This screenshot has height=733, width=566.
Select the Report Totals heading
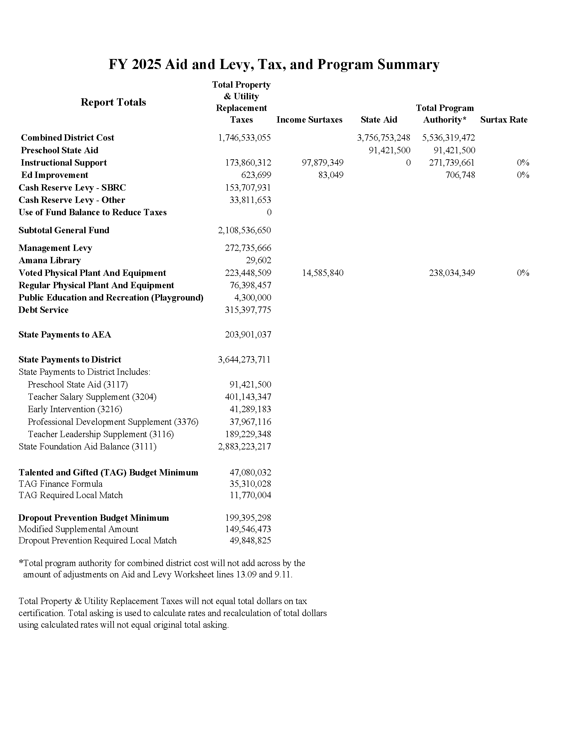[x=113, y=102]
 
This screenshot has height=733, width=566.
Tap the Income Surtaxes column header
[x=309, y=120]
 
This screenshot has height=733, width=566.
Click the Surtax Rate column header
[x=504, y=120]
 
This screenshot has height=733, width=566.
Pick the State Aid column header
[x=379, y=120]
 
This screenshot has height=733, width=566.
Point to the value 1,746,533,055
[x=244, y=138]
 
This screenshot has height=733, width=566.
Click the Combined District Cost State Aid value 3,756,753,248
[x=383, y=138]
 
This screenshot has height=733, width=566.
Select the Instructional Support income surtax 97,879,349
[x=323, y=163]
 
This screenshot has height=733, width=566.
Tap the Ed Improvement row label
[x=55, y=175]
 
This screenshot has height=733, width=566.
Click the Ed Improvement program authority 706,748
[x=460, y=175]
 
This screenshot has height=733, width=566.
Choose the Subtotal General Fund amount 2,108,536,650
[x=244, y=230]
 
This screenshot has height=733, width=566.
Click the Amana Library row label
[x=50, y=261]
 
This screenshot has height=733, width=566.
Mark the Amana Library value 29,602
[x=258, y=261]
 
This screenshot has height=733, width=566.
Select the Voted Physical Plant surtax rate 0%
[x=523, y=273]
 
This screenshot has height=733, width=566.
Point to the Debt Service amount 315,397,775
[x=248, y=310]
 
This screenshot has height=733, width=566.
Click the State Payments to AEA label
[x=65, y=335]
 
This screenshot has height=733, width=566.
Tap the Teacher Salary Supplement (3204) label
[x=92, y=397]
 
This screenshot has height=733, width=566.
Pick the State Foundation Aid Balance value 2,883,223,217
[x=244, y=446]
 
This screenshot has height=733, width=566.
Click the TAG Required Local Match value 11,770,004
[x=250, y=495]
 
